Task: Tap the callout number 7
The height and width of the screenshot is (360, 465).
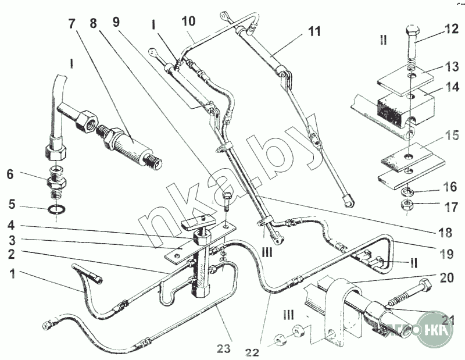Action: coord(72,24)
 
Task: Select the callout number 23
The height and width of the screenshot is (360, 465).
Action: coord(224,349)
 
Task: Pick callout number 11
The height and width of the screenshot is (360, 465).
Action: coord(314,31)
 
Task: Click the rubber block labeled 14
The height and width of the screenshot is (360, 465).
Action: coord(401,107)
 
